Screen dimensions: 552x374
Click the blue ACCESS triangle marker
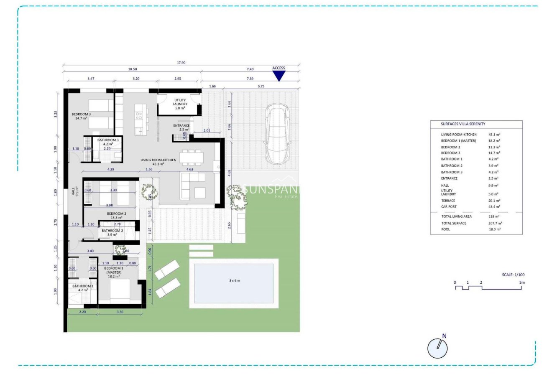click(x=279, y=76)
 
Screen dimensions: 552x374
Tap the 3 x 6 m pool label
click(x=235, y=280)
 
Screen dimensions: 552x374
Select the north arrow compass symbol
click(x=437, y=348)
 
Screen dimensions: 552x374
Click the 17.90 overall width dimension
click(x=181, y=63)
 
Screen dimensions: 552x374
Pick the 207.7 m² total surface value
click(x=495, y=223)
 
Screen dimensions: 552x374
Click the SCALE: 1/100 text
click(x=513, y=275)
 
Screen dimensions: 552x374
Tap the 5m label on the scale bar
click(x=522, y=282)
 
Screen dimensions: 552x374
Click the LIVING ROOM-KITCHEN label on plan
click(x=158, y=160)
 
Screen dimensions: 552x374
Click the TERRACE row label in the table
click(x=448, y=201)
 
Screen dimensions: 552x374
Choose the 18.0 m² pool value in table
click(x=494, y=229)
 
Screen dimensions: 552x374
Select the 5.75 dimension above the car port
click(x=261, y=86)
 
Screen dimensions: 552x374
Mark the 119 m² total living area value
click(x=494, y=216)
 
